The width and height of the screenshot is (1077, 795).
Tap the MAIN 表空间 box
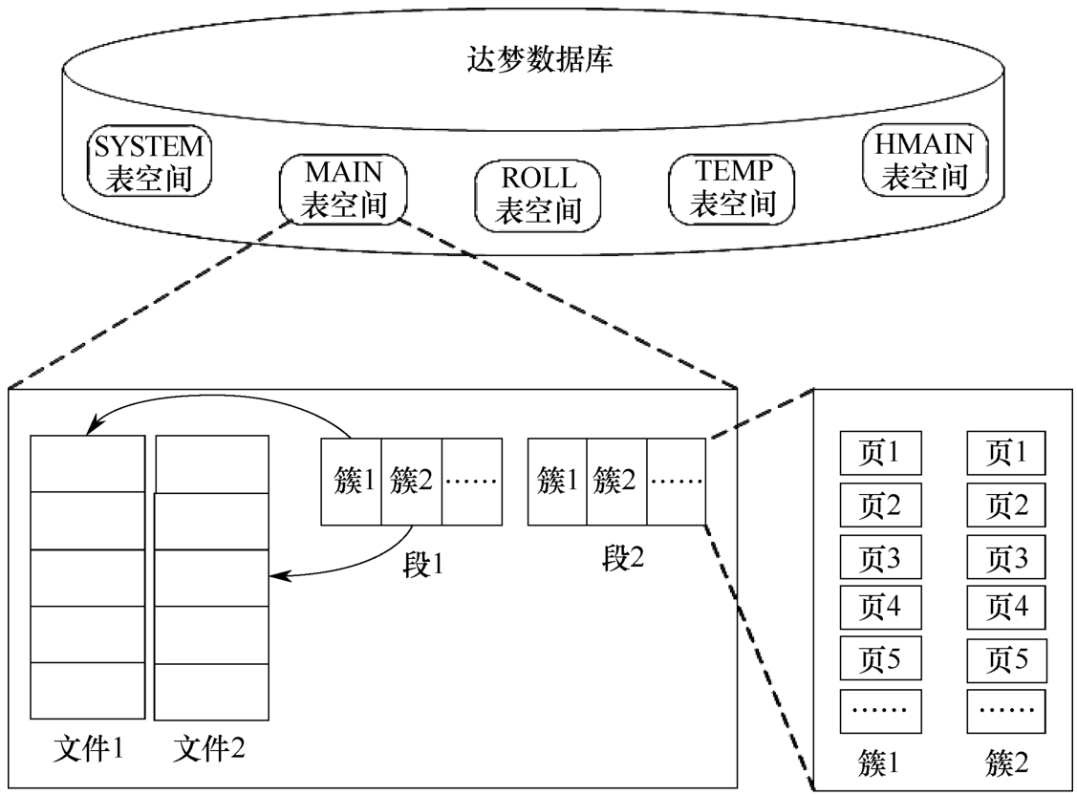point(343,190)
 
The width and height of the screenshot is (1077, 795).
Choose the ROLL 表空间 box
point(539,194)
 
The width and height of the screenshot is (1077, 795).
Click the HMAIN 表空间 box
point(924,161)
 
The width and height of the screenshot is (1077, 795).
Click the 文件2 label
point(210,744)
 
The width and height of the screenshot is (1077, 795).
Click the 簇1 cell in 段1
point(350,481)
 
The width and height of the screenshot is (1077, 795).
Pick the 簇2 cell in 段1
point(412,481)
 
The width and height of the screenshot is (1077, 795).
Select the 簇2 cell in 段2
point(616,481)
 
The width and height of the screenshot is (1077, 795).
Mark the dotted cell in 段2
point(677,481)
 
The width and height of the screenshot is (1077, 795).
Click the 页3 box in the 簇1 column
point(880,555)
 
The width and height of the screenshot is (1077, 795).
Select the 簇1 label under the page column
point(880,762)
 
